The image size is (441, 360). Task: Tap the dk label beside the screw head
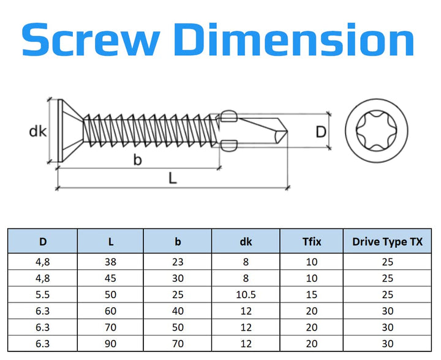[38, 131]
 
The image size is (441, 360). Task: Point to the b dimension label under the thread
[137, 160]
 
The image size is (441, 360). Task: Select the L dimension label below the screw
[173, 178]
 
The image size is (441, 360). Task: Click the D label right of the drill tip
[321, 132]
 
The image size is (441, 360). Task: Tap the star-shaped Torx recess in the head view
[377, 130]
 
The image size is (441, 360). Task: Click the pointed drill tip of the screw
[287, 131]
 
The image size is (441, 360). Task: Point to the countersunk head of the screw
[70, 130]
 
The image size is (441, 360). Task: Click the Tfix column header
[312, 242]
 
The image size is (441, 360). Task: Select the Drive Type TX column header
[387, 242]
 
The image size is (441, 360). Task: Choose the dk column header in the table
[246, 242]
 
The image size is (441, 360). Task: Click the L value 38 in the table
[110, 262]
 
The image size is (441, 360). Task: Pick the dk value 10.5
[246, 294]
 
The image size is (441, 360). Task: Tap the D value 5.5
[42, 294]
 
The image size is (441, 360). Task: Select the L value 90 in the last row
[110, 343]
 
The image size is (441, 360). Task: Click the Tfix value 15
[312, 294]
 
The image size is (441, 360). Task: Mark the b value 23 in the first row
[178, 262]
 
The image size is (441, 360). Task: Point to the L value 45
[110, 278]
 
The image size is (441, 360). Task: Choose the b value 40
[178, 311]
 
